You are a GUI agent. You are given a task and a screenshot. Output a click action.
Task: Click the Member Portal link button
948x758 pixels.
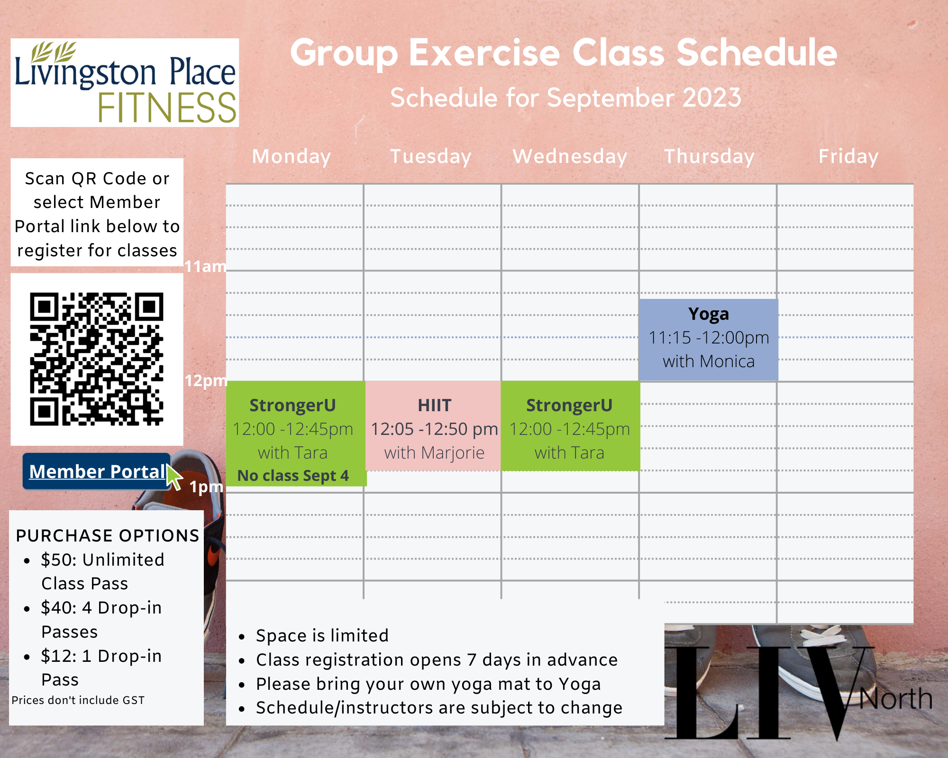(x=97, y=471)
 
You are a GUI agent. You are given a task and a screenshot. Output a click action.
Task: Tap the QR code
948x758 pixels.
(x=97, y=359)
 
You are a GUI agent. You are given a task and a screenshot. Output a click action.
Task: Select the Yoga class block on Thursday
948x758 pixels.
(x=709, y=339)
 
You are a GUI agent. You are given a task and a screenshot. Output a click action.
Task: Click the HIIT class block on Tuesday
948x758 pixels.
(x=434, y=426)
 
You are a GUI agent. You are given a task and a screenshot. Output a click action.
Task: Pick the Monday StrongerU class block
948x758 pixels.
(x=296, y=433)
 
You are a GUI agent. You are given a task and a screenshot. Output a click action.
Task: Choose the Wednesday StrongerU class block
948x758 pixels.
(x=570, y=426)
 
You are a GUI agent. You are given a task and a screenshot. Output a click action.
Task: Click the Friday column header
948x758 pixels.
(x=848, y=157)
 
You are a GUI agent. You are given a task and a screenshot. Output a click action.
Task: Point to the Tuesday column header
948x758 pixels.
(x=430, y=157)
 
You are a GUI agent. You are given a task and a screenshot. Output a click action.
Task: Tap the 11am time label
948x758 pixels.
(x=205, y=266)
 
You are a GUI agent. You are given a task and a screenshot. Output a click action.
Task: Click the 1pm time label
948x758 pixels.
(x=206, y=487)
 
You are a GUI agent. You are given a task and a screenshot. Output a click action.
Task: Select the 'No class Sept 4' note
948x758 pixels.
(x=293, y=475)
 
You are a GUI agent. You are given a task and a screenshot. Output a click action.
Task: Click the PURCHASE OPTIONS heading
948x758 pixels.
(x=108, y=535)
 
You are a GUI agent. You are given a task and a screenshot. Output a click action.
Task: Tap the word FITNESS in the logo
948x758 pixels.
(x=167, y=108)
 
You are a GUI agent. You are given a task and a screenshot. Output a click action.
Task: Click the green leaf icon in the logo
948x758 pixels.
(x=54, y=52)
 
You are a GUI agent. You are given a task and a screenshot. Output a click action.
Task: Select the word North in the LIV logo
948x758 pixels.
(x=896, y=698)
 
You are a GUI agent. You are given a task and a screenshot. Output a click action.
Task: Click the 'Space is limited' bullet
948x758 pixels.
(x=322, y=635)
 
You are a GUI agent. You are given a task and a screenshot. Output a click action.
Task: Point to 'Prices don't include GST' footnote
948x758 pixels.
(x=78, y=700)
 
